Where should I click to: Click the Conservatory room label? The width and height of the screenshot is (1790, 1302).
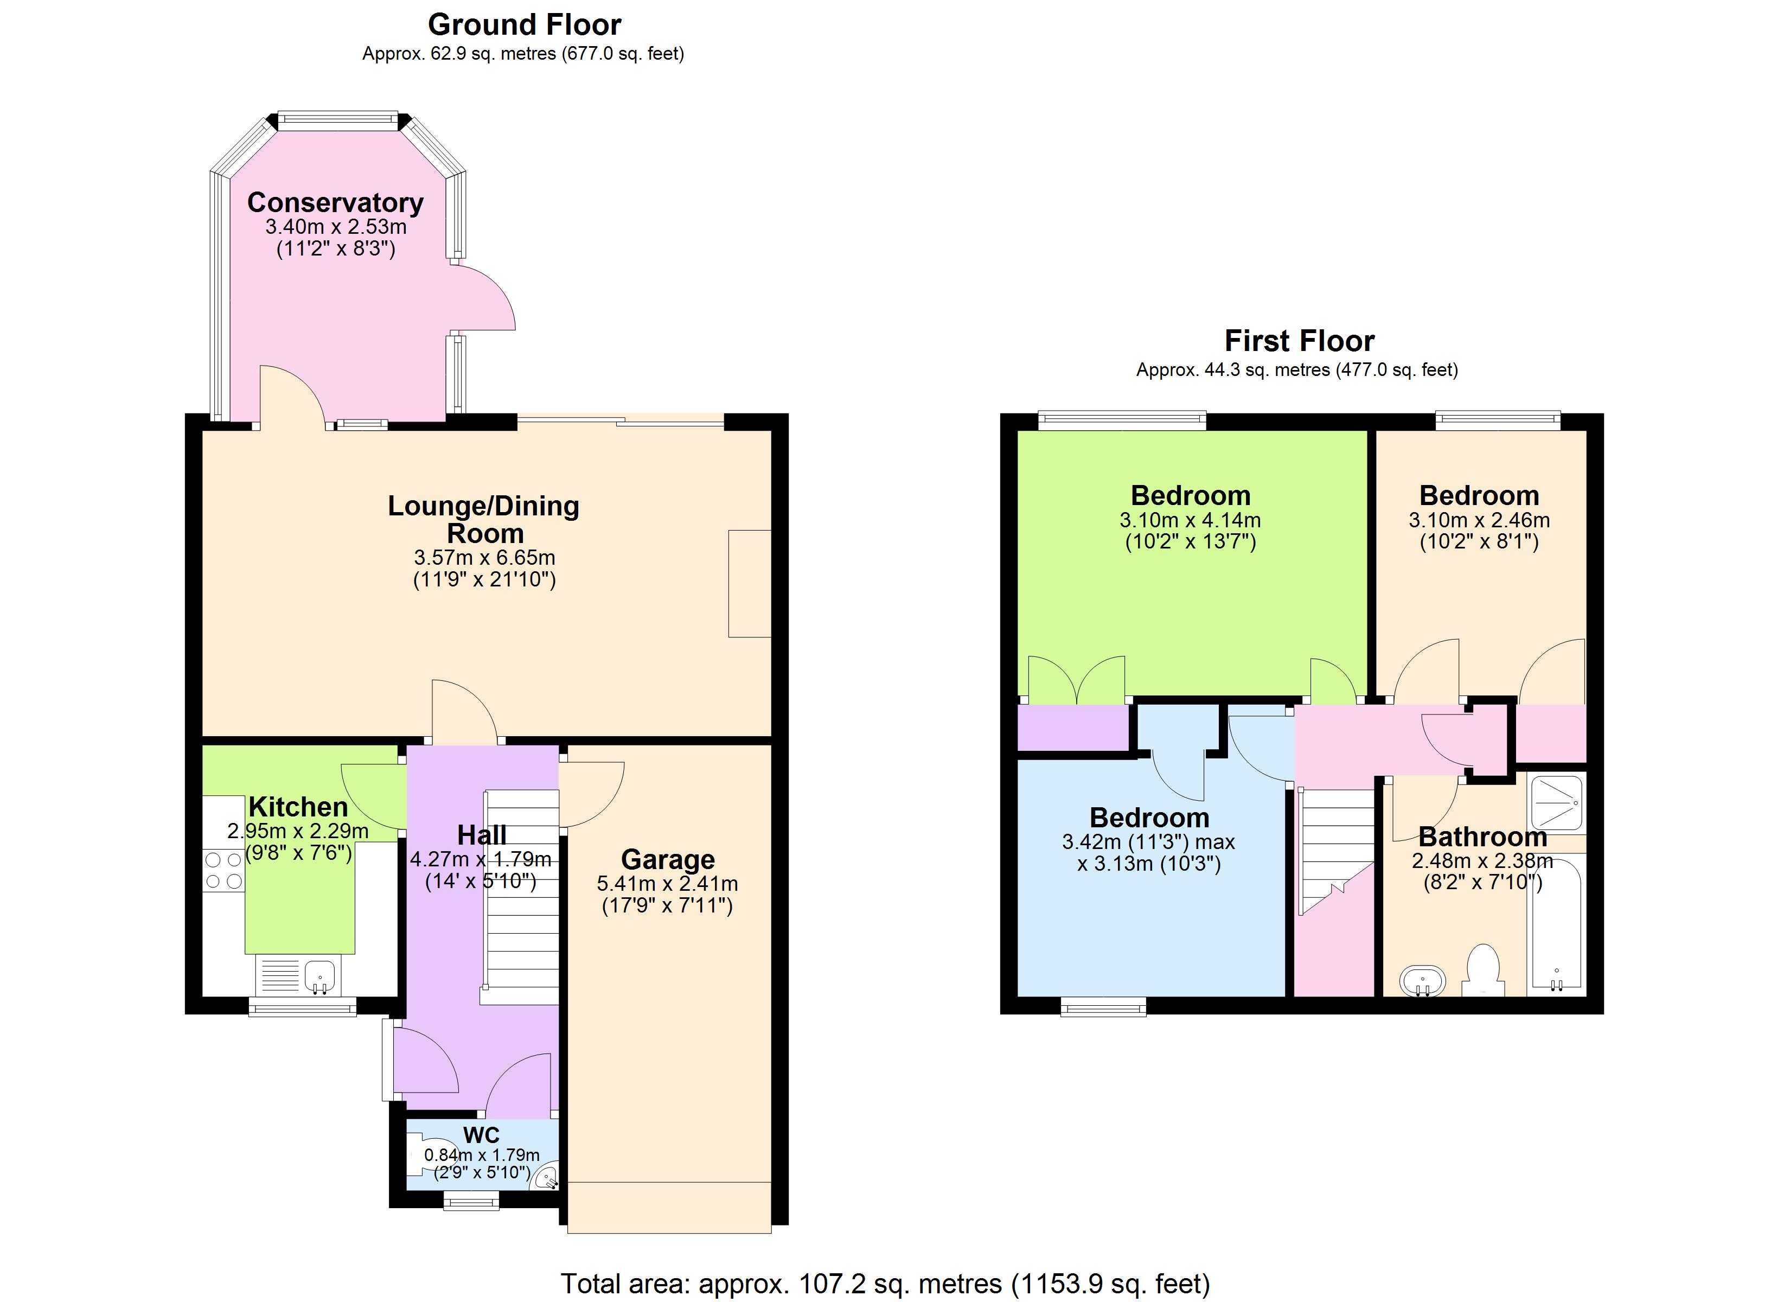335,203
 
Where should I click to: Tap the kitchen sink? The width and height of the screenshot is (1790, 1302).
319,976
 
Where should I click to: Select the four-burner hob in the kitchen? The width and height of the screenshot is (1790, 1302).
224,870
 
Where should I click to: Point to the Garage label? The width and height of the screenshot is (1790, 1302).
668,859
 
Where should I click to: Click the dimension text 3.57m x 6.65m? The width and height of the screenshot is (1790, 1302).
484,558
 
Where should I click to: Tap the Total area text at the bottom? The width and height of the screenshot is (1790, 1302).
885,1283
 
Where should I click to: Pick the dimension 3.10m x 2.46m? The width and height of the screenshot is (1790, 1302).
1479,520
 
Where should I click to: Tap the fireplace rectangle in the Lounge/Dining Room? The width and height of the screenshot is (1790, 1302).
749,584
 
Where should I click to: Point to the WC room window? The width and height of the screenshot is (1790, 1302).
471,1201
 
